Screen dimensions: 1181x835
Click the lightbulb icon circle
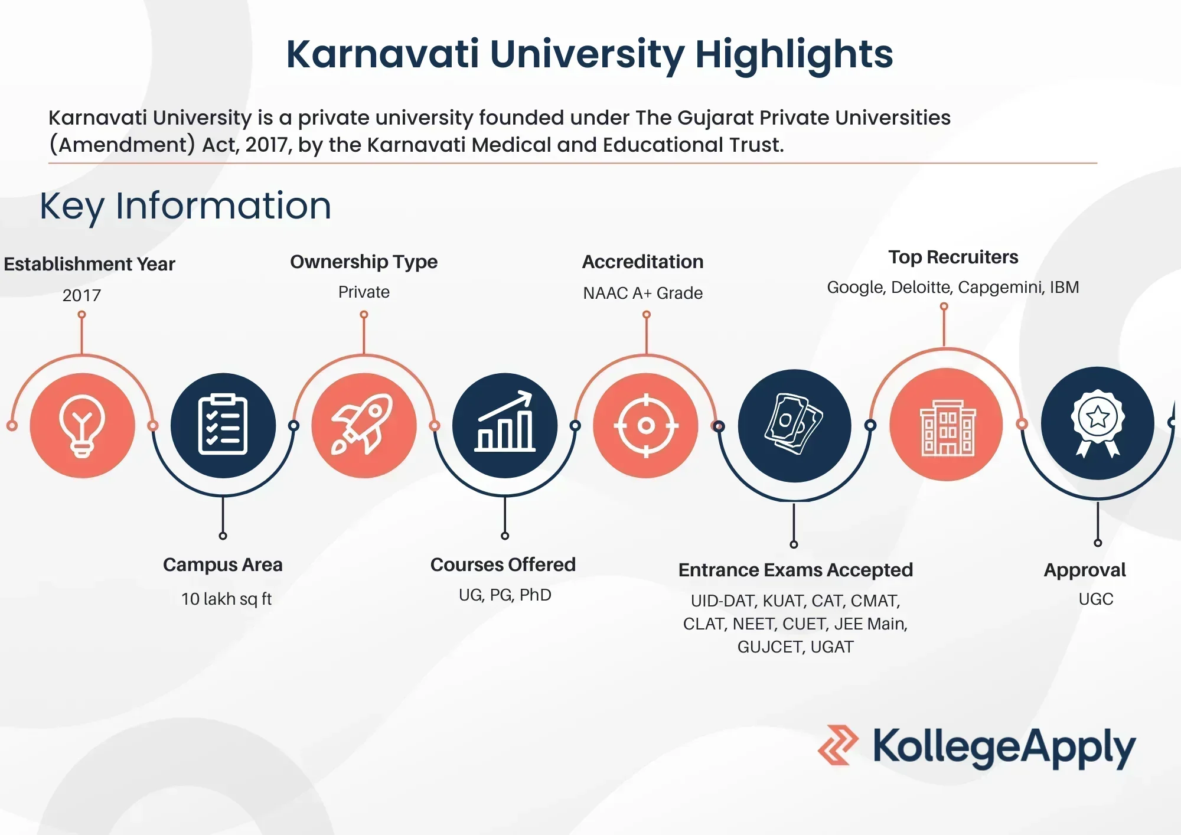pyautogui.click(x=82, y=425)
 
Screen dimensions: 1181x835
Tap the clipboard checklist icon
pyautogui.click(x=223, y=425)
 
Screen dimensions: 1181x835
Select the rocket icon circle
pyautogui.click(x=364, y=425)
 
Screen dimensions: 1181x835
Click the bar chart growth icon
pyautogui.click(x=505, y=422)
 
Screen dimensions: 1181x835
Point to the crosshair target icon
pyautogui.click(x=646, y=425)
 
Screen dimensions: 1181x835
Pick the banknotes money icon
pyautogui.click(x=794, y=424)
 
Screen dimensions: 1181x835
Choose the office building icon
pyautogui.click(x=947, y=428)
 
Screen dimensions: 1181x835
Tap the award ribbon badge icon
pyautogui.click(x=1098, y=423)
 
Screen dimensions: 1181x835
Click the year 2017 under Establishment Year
pyautogui.click(x=81, y=295)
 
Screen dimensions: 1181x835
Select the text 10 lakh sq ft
pyautogui.click(x=226, y=599)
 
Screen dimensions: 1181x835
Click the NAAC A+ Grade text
pyautogui.click(x=642, y=293)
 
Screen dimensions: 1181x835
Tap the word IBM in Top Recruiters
pyautogui.click(x=1064, y=287)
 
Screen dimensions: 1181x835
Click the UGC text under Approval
pyautogui.click(x=1096, y=599)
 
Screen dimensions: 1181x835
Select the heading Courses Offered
pyautogui.click(x=503, y=565)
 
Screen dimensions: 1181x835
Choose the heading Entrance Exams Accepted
pyautogui.click(x=795, y=570)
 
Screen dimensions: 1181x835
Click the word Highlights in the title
pyautogui.click(x=794, y=55)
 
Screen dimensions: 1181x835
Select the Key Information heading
pyautogui.click(x=185, y=206)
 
